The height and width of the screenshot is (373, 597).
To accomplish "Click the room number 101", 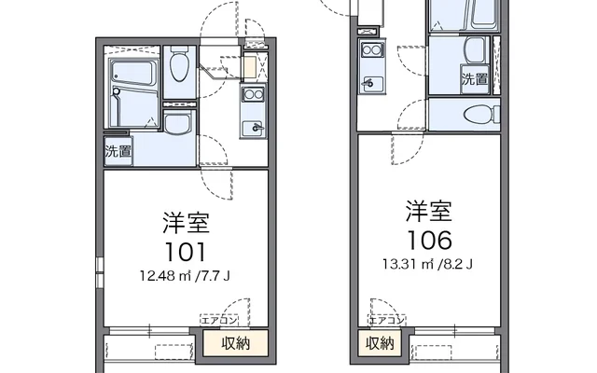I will click(185, 251).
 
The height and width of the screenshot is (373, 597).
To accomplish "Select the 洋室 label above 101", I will click(185, 223).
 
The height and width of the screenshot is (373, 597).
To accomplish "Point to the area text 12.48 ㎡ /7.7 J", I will click(185, 276).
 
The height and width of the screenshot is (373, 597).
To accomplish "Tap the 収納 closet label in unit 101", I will click(235, 343).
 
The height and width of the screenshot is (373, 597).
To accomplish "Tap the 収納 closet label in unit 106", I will click(379, 343).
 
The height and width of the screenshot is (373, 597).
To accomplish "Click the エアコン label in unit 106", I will click(386, 321).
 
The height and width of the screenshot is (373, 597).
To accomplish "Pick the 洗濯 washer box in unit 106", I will click(474, 80).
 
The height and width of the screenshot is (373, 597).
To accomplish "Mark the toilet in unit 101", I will click(180, 67).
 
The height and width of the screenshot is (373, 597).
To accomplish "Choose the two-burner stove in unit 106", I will click(372, 49).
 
